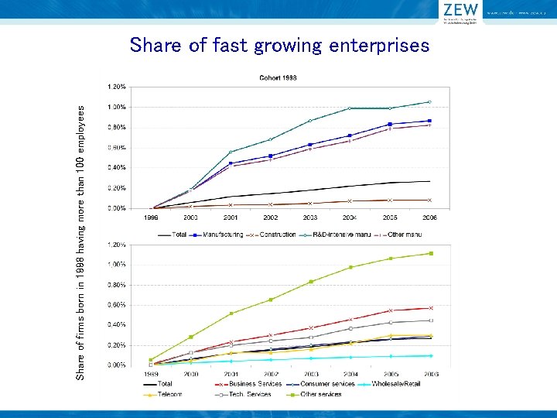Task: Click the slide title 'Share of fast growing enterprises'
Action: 279,46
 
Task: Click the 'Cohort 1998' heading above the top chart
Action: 277,77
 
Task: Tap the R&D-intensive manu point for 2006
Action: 429,102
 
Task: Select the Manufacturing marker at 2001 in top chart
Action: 231,163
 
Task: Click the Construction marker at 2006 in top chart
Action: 429,200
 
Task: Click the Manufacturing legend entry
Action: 218,234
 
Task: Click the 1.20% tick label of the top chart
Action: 117,86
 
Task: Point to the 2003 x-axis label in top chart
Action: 310,218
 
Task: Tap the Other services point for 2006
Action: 430,253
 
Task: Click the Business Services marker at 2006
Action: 430,308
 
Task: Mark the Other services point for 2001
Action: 231,313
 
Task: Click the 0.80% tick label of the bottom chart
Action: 117,285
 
